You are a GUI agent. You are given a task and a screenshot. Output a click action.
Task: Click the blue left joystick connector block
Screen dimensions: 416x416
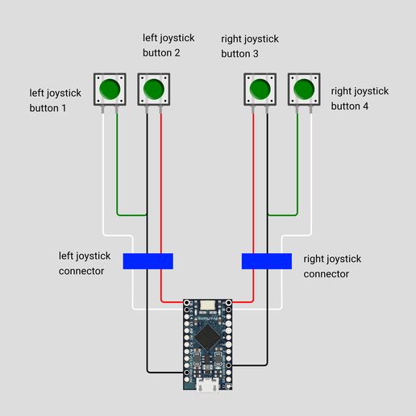148,261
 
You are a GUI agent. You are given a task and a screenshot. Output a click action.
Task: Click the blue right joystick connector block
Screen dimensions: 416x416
267,261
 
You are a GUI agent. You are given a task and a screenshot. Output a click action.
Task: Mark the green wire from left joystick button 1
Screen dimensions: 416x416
118,169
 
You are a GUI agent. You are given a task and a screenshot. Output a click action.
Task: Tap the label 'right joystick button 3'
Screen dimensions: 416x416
251,46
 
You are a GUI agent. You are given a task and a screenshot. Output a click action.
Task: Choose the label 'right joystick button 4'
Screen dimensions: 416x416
360,99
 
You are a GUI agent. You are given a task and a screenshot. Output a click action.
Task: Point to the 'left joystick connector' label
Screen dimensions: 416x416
89,264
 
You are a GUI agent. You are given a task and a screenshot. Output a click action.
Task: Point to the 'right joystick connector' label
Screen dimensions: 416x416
332,266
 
